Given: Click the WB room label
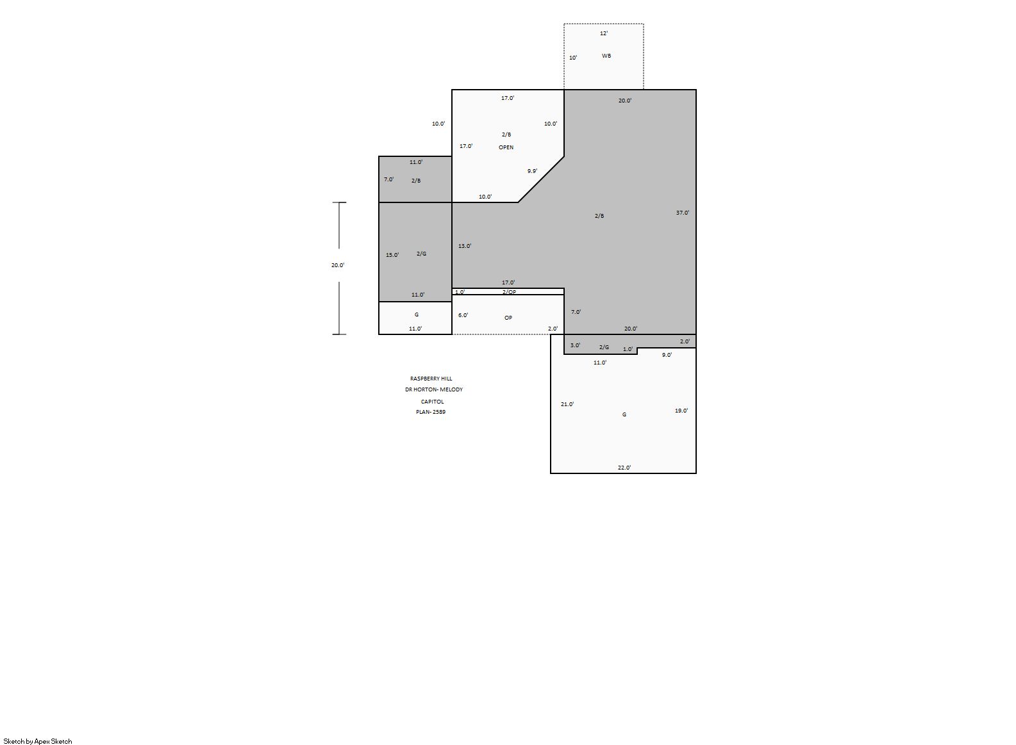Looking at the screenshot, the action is click(x=606, y=56).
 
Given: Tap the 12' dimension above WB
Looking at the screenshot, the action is click(x=604, y=33).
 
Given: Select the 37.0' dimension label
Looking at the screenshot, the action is click(x=682, y=213).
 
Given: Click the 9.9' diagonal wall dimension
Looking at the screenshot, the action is click(x=532, y=171).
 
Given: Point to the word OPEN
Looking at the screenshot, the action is click(x=506, y=147).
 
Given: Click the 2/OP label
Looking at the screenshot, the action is click(x=509, y=292).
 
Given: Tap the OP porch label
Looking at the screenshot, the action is click(x=508, y=318).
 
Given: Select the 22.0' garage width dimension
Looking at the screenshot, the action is click(x=624, y=467).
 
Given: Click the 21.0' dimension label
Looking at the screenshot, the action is click(x=567, y=404).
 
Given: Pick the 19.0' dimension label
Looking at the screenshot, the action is click(x=681, y=411).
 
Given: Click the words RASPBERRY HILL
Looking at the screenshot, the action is click(x=431, y=379).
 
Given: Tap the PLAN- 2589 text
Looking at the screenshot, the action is click(x=431, y=412).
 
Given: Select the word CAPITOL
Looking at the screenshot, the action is click(x=432, y=402).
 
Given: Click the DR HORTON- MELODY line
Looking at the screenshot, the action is click(x=433, y=389).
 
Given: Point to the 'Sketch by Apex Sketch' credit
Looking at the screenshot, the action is click(x=38, y=741).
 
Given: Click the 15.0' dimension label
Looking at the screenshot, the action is click(x=392, y=255).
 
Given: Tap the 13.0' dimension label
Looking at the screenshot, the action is click(x=465, y=246).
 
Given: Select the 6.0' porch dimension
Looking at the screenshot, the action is click(x=463, y=315).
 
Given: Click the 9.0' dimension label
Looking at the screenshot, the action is click(x=667, y=355).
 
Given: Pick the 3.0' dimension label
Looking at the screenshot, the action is click(x=575, y=345).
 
